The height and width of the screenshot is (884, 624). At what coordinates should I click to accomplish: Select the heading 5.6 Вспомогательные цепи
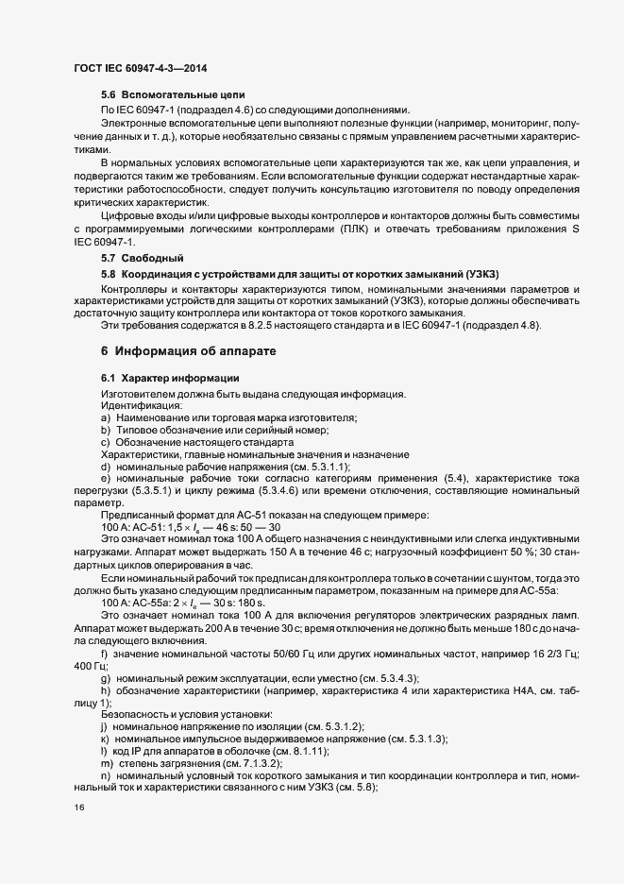pyautogui.click(x=173, y=95)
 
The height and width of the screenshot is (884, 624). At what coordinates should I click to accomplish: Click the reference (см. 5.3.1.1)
pyautogui.click(x=318, y=467)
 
